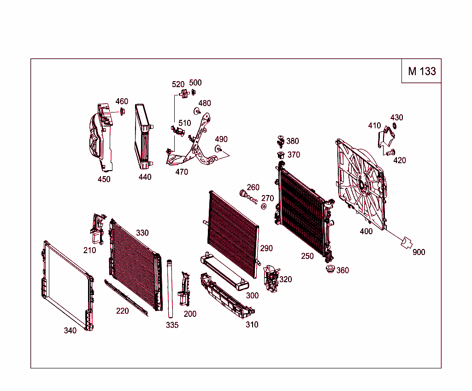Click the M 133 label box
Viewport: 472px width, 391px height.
click(421, 71)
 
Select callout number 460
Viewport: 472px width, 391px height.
click(122, 101)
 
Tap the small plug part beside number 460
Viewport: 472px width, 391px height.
click(122, 111)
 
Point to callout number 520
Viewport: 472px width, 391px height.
click(178, 84)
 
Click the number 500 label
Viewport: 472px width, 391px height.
click(195, 83)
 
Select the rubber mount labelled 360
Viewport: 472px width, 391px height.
click(330, 270)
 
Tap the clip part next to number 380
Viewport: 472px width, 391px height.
click(280, 141)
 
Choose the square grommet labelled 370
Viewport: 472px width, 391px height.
click(279, 154)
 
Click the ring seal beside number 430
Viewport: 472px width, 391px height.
click(395, 126)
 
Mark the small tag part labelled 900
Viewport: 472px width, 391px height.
click(407, 243)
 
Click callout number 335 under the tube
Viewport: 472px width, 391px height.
click(172, 325)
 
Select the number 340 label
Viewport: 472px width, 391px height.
click(70, 330)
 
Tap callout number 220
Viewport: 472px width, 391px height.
click(122, 311)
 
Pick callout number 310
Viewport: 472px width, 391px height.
click(252, 325)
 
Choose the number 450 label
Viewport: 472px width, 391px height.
click(104, 179)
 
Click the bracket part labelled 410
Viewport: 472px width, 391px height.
click(386, 137)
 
